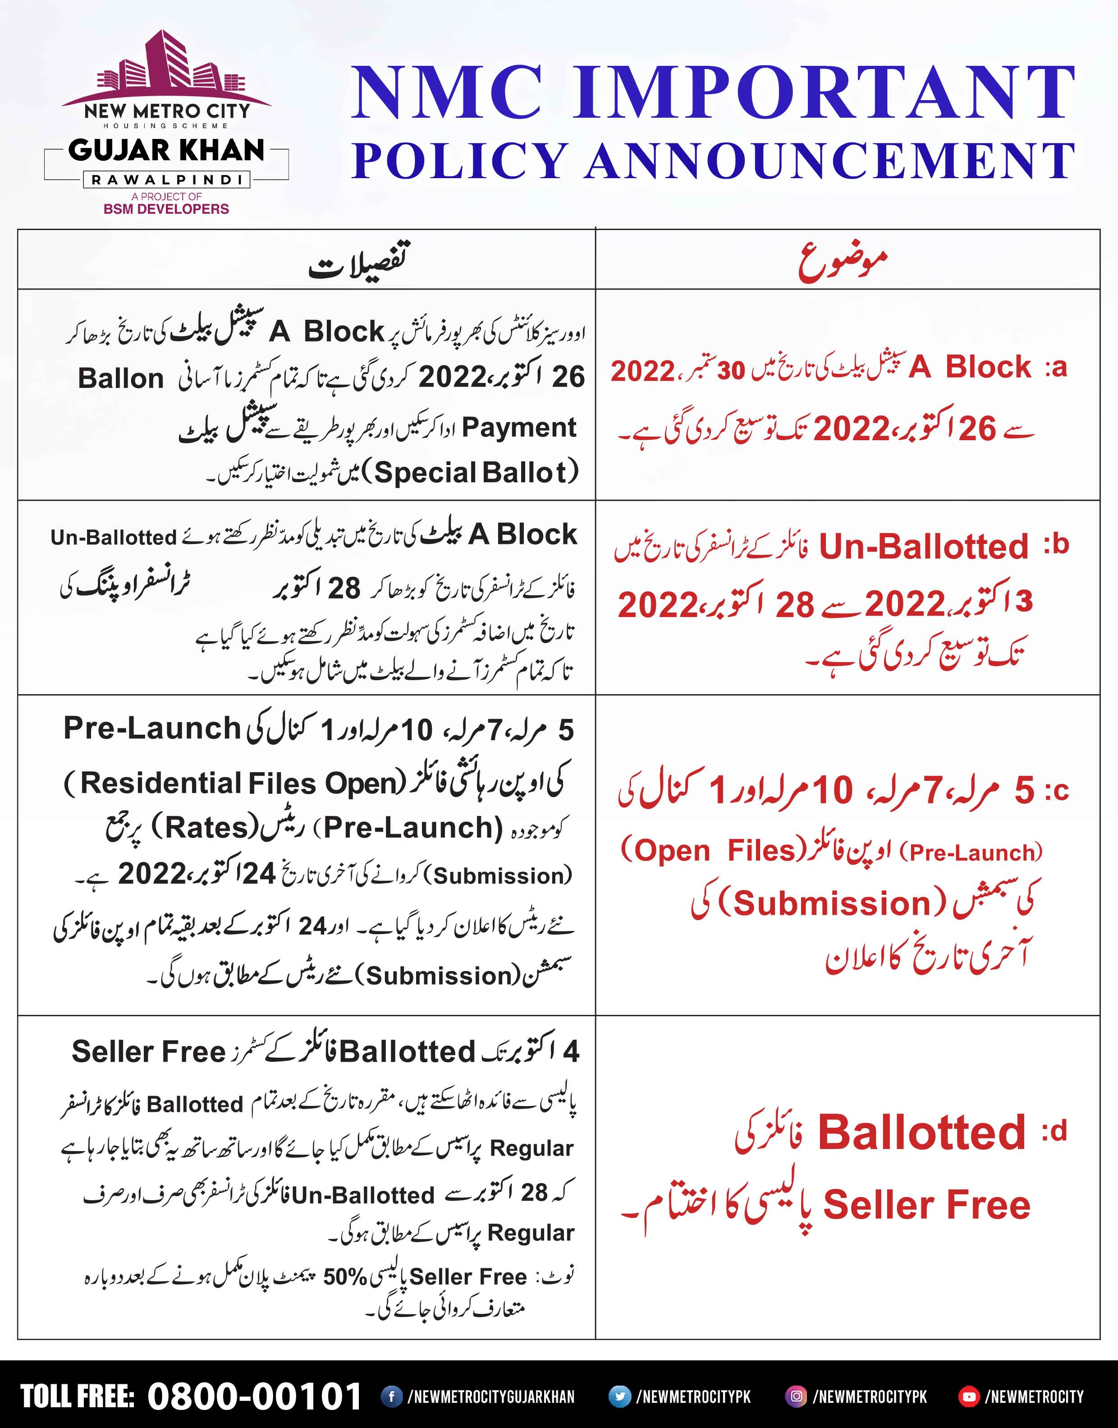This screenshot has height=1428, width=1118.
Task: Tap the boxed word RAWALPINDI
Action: pyautogui.click(x=166, y=180)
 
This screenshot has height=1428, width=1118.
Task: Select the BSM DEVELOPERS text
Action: pyautogui.click(x=166, y=209)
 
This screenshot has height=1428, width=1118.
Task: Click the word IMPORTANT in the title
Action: pyautogui.click(x=825, y=93)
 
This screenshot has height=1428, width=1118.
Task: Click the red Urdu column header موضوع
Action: pyautogui.click(x=843, y=261)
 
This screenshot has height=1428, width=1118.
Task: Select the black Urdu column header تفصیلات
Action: pyautogui.click(x=359, y=261)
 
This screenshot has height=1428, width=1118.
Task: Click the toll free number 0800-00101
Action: pyautogui.click(x=255, y=1396)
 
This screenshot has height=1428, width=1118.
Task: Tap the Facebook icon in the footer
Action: pyautogui.click(x=391, y=1396)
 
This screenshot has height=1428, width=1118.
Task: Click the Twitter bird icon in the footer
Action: pyautogui.click(x=619, y=1396)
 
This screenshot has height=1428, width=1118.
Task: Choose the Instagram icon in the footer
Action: pyautogui.click(x=796, y=1396)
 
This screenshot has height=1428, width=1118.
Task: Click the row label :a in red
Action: pyautogui.click(x=1056, y=368)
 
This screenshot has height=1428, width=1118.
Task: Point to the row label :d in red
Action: pyautogui.click(x=1054, y=1131)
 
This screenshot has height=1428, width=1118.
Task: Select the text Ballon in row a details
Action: pyautogui.click(x=121, y=378)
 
